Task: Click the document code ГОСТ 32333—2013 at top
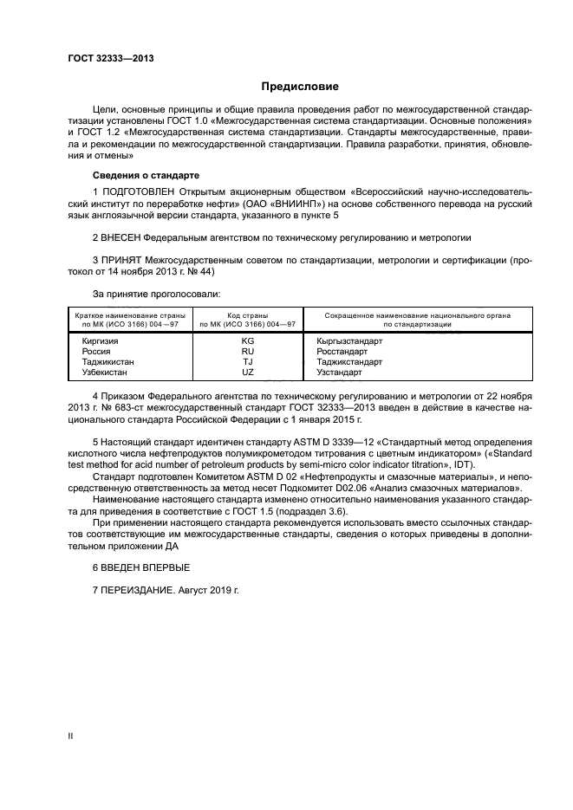pos(105,58)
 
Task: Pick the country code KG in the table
pos(247,341)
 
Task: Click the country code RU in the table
pos(247,352)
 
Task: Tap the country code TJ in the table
pos(247,361)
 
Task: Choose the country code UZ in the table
pos(247,372)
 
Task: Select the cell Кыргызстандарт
pos(349,341)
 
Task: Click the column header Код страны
pos(247,315)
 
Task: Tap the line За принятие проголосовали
pos(156,295)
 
